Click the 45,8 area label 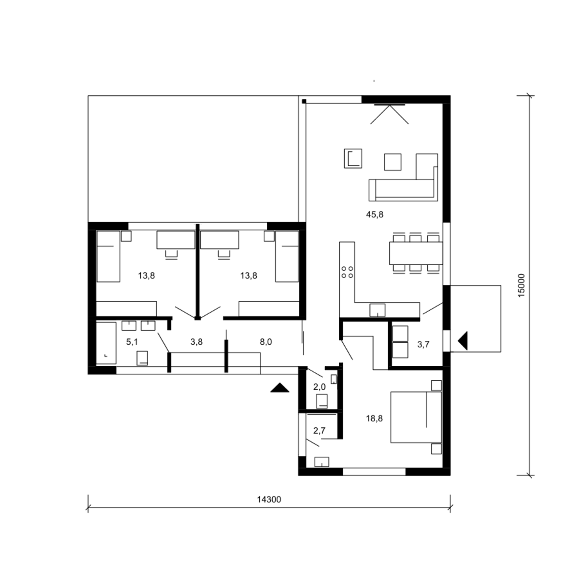pyautogui.click(x=374, y=215)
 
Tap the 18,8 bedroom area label pyautogui.click(x=374, y=418)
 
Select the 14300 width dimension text pyautogui.click(x=269, y=499)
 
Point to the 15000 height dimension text pyautogui.click(x=521, y=285)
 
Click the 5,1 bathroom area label pyautogui.click(x=132, y=342)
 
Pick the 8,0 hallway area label pyautogui.click(x=266, y=342)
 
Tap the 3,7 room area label pyautogui.click(x=423, y=344)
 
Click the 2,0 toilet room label pyautogui.click(x=319, y=387)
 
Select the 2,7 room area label pyautogui.click(x=319, y=431)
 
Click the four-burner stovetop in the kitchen pyautogui.click(x=347, y=272)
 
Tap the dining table pyautogui.click(x=416, y=253)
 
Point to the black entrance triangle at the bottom pyautogui.click(x=280, y=388)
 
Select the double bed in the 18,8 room pyautogui.click(x=416, y=417)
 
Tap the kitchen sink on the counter pyautogui.click(x=377, y=310)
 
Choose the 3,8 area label pyautogui.click(x=196, y=342)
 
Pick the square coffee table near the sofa pyautogui.click(x=393, y=162)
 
